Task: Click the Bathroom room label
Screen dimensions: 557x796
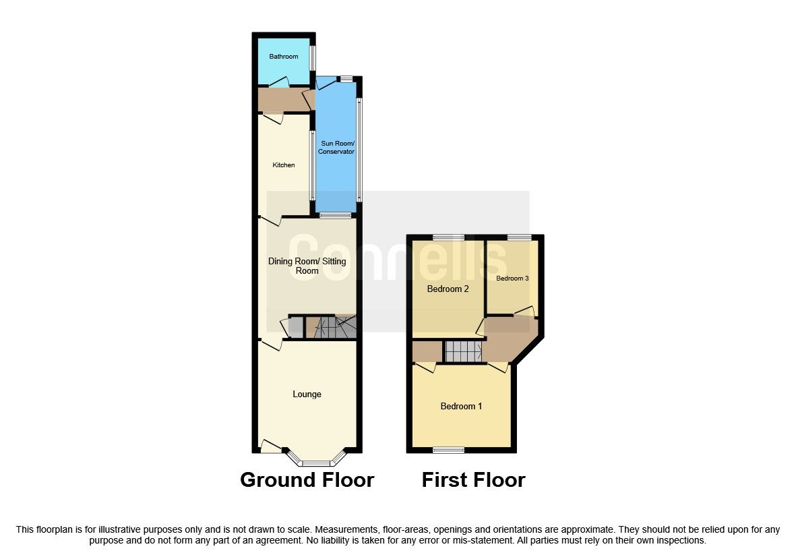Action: tap(283, 57)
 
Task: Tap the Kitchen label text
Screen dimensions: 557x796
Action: tap(283, 165)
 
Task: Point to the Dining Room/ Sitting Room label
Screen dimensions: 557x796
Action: tap(307, 266)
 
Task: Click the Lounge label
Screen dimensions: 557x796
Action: tap(307, 394)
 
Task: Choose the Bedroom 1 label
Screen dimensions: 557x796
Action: tap(461, 406)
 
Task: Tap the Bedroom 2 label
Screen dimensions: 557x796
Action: tap(448, 289)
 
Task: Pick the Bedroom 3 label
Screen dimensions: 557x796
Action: tap(512, 278)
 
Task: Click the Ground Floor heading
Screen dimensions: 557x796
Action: tap(307, 480)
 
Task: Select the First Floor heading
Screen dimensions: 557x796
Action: tap(473, 480)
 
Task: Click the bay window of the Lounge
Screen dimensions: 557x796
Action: tap(315, 463)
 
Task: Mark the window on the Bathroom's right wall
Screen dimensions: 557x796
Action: tap(313, 57)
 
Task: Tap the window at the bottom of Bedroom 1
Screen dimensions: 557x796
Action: tap(448, 450)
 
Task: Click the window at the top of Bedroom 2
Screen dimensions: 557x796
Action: tap(448, 237)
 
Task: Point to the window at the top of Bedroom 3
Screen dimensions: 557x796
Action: tap(519, 237)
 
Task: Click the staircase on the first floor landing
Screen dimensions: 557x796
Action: tap(464, 351)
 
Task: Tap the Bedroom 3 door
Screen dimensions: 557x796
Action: tap(524, 312)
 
